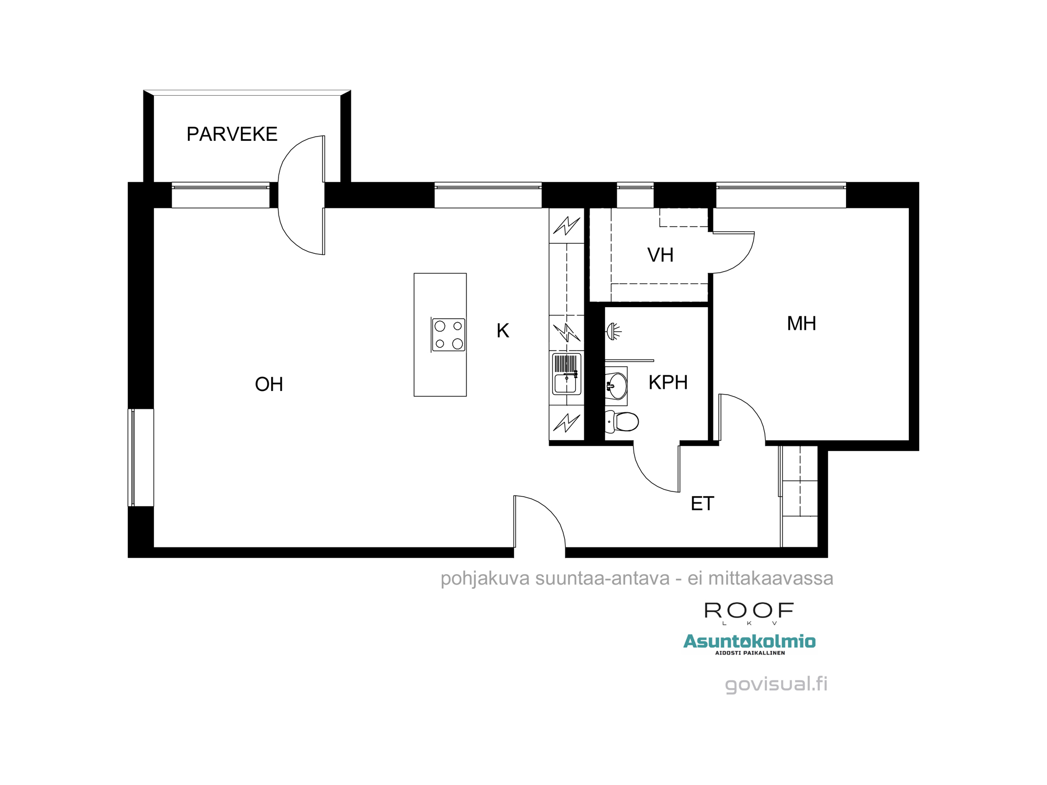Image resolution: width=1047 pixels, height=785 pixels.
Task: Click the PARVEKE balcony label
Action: coord(232,134)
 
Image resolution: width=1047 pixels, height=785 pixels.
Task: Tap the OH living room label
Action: coord(269,385)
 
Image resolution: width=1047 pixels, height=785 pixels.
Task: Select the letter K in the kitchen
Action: coord(503,331)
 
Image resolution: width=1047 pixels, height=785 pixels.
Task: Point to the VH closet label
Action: coord(660,255)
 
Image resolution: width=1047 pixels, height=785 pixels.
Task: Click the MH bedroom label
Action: coord(801,324)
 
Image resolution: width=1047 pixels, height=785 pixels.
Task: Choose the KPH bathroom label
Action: coord(668,383)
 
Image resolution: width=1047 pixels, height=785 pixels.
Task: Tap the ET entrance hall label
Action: coord(702,504)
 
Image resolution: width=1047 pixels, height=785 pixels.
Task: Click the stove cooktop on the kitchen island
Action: coord(449,335)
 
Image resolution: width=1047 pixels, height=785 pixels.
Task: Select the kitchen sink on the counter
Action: coord(566,374)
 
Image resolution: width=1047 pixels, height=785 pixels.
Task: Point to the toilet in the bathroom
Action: coord(622,421)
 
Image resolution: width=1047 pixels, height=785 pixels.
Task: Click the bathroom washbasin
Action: coord(616,386)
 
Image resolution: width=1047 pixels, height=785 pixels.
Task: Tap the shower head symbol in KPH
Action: coord(614,331)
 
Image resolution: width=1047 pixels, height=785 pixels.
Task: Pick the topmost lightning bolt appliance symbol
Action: coord(566,226)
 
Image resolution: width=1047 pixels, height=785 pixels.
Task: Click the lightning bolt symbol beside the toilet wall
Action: coord(566,422)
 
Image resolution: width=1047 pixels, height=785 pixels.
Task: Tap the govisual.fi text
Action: coord(776,684)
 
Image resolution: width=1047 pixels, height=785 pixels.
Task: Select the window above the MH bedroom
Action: coord(781,195)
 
